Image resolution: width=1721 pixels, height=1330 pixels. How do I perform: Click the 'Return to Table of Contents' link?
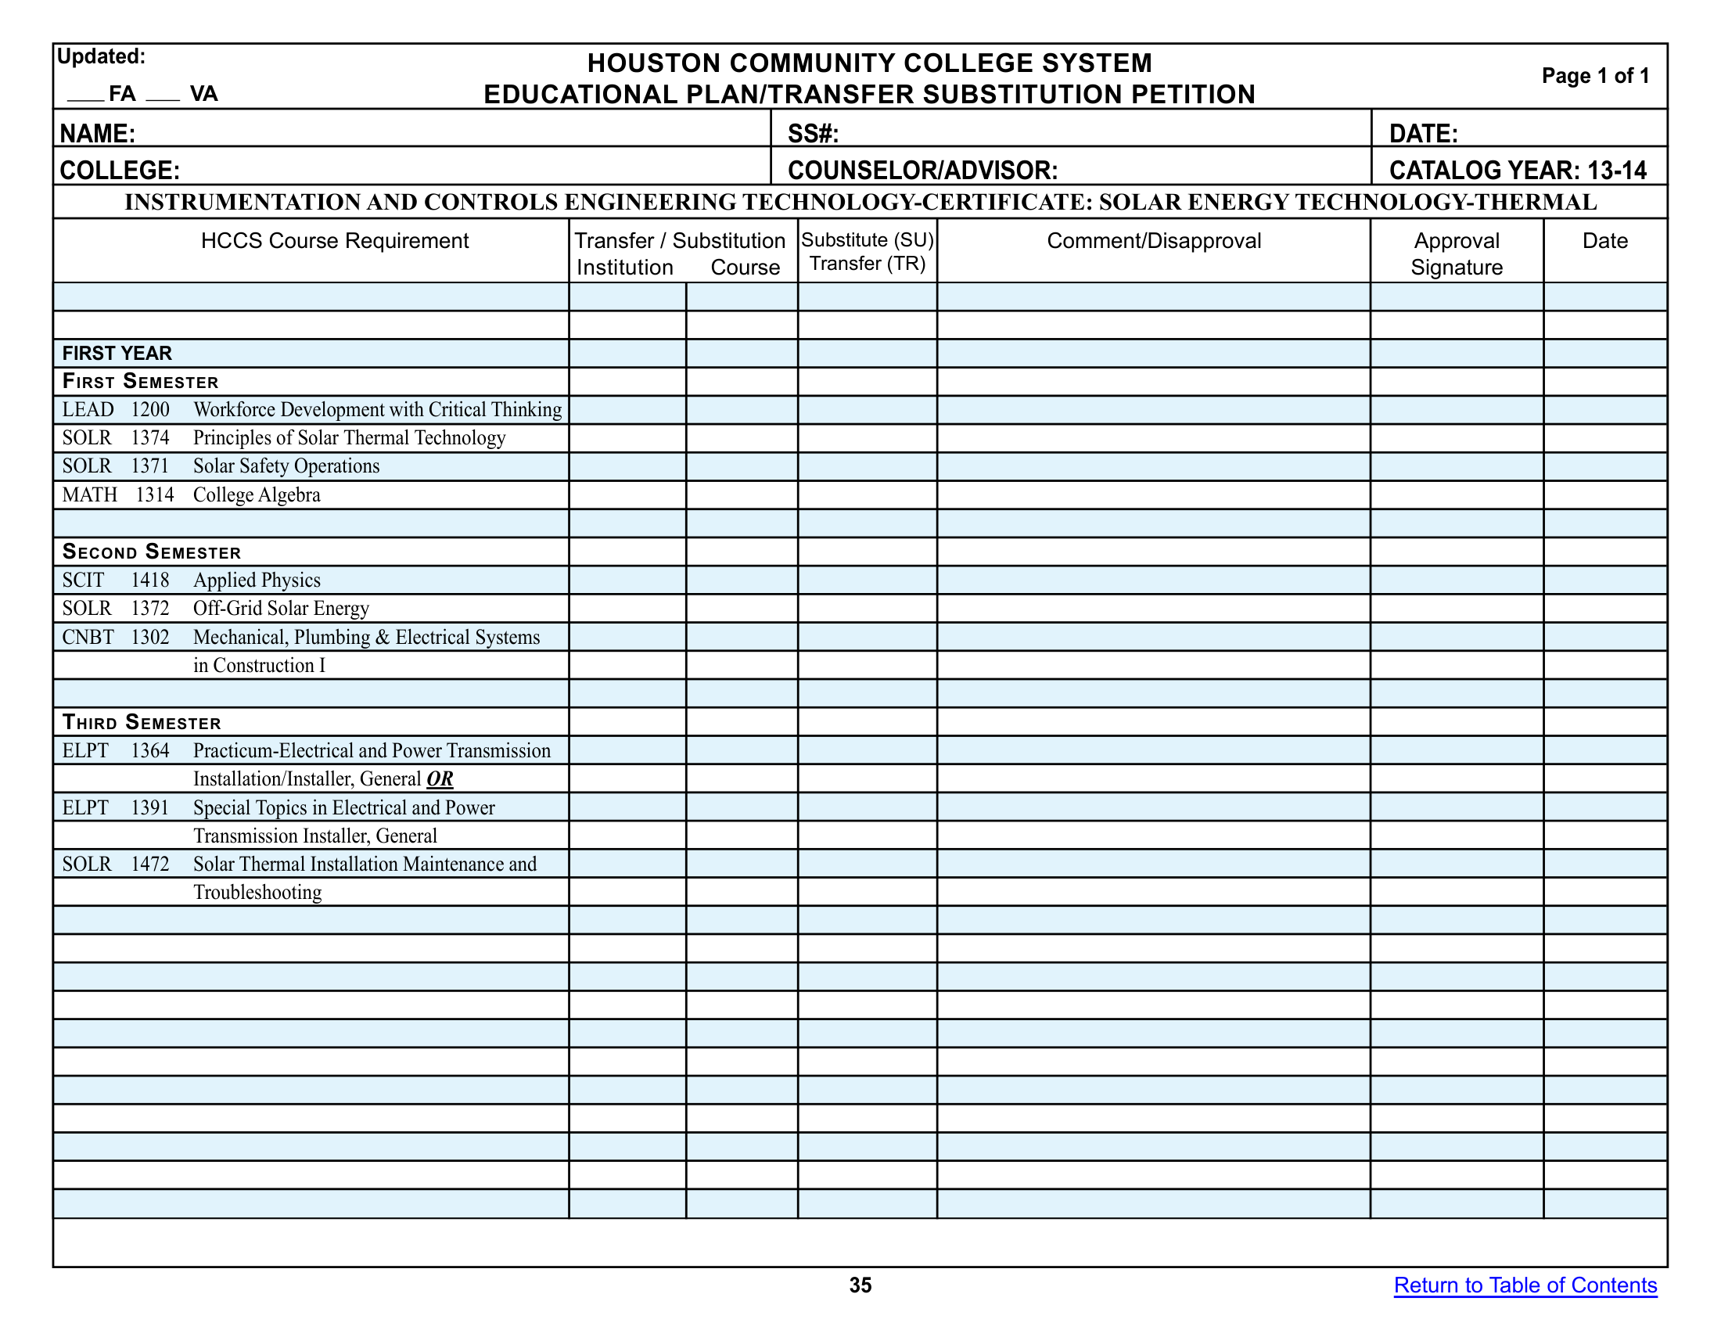[x=1525, y=1285]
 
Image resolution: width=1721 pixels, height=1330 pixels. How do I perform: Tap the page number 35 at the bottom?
[x=860, y=1285]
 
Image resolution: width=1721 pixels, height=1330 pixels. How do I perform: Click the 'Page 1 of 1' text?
[x=1595, y=76]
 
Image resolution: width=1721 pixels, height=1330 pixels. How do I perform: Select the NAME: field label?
[x=98, y=133]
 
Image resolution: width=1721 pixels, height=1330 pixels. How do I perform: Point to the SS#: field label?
[x=813, y=133]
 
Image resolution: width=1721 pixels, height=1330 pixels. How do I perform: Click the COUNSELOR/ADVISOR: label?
[x=922, y=171]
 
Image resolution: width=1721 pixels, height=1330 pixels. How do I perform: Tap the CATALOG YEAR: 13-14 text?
[x=1518, y=171]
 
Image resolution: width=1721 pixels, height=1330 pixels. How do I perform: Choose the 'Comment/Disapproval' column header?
[x=1154, y=241]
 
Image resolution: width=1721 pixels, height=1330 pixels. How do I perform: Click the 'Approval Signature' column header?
[x=1457, y=253]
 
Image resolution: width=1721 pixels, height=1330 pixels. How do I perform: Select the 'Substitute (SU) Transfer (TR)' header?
[x=868, y=251]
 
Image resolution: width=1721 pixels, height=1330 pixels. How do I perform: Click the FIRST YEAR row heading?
[x=117, y=353]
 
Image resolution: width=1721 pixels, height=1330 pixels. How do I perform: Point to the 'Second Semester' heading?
[x=151, y=552]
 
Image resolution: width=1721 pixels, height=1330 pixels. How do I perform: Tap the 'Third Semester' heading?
[x=142, y=722]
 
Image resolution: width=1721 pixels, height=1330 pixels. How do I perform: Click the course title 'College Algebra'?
[x=257, y=494]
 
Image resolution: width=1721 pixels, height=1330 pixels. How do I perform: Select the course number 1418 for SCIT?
[x=149, y=580]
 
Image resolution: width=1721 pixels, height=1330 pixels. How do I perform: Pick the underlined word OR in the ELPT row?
[x=440, y=778]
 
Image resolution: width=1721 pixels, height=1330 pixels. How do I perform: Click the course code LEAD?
[x=88, y=410]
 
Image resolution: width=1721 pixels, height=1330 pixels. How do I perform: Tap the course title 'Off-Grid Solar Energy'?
[x=282, y=608]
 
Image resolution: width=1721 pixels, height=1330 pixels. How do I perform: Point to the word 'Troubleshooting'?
[x=257, y=892]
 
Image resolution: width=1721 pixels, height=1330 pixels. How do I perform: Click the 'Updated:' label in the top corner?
[x=101, y=57]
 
